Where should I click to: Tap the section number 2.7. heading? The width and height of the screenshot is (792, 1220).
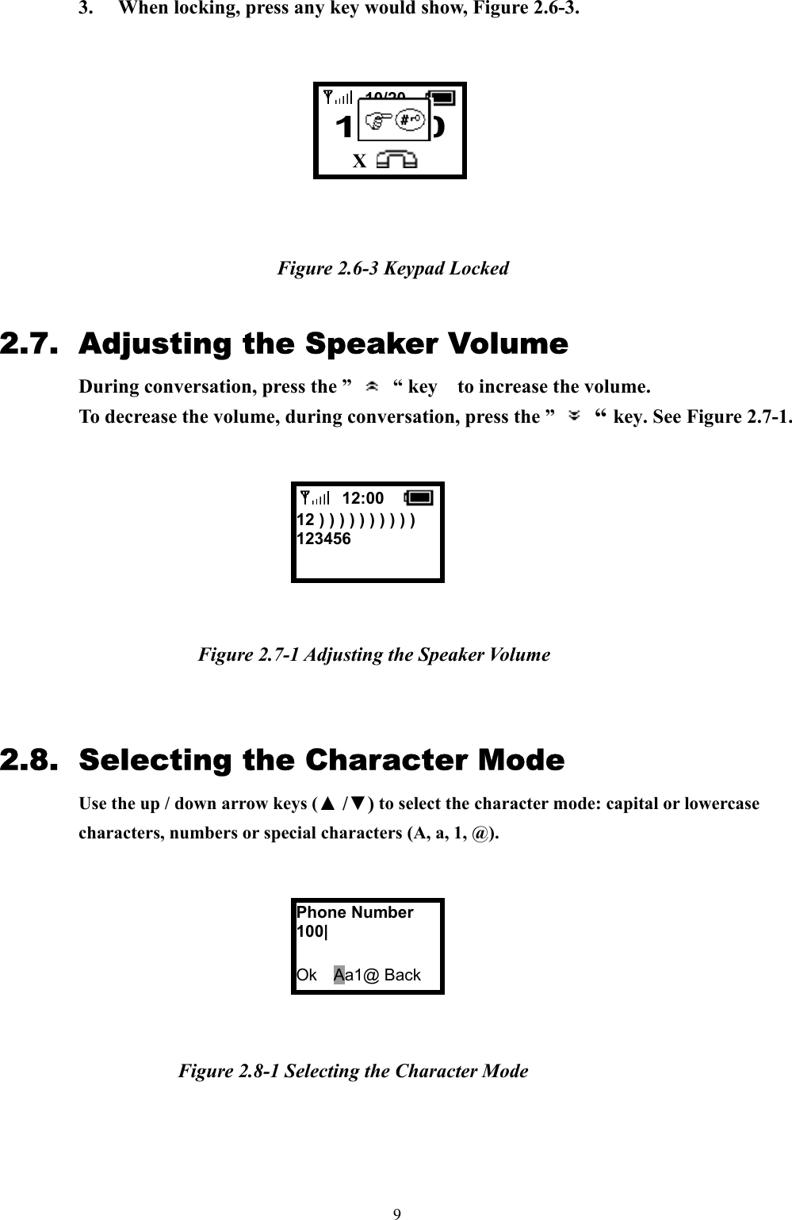pos(29,344)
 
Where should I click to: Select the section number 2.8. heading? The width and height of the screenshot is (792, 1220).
pos(29,760)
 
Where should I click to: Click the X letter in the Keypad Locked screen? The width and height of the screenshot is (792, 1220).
pos(359,162)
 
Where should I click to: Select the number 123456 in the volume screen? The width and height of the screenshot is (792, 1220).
pos(323,539)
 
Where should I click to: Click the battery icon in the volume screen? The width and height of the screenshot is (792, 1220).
pos(419,498)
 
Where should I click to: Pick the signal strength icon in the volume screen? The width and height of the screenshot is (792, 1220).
pos(316,498)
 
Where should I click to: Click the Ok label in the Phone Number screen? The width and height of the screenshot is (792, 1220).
pos(307,975)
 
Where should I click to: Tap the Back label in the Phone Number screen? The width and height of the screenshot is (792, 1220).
pos(402,975)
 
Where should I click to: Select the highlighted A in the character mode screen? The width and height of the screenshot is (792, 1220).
pos(339,975)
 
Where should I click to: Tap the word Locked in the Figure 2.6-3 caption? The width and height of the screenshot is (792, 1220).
pos(479,268)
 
